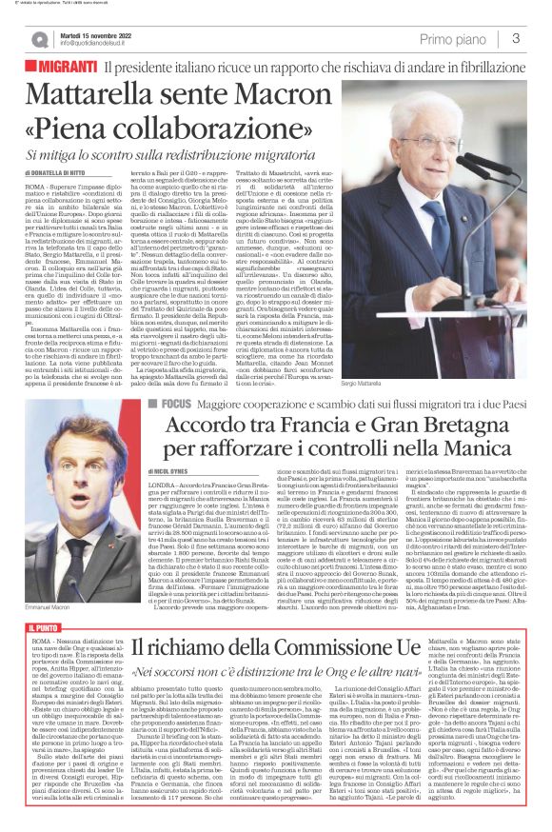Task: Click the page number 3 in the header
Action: coord(515,38)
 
